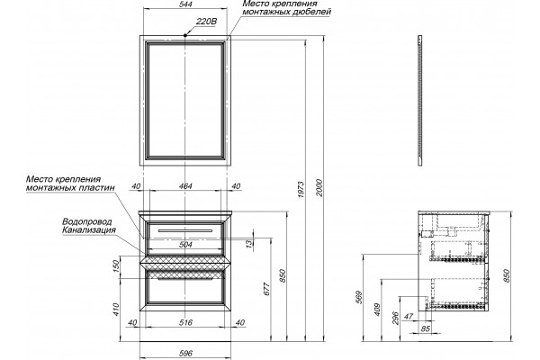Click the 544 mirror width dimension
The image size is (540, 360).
pos(185,4)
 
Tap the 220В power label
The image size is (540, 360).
pos(206,22)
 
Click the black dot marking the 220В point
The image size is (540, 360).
pos(185,35)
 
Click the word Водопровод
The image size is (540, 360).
pos(87,221)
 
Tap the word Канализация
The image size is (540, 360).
pos(89,230)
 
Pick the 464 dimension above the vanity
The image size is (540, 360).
pos(185,186)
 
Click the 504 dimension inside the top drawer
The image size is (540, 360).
pos(185,244)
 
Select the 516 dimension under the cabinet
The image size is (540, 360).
pos(185,323)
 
